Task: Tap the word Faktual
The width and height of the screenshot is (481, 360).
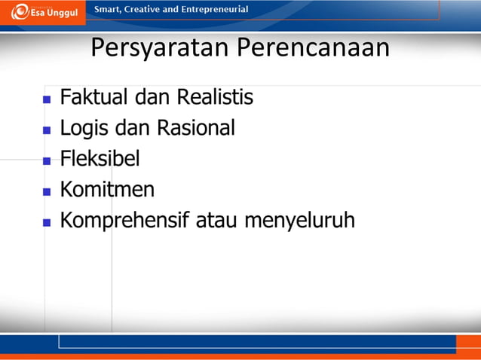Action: [95, 98]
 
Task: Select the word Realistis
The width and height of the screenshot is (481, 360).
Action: [215, 98]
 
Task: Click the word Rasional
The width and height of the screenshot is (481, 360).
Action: [195, 129]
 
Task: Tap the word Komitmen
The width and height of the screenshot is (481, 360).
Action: [107, 190]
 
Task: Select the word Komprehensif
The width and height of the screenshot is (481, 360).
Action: [125, 221]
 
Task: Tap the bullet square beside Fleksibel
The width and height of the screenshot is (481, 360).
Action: [47, 160]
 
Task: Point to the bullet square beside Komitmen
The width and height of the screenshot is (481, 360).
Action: [47, 191]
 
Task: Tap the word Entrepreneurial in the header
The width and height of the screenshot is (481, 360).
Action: [213, 10]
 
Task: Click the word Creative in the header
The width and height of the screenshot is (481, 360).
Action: [146, 10]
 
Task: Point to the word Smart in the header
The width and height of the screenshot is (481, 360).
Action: [107, 10]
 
